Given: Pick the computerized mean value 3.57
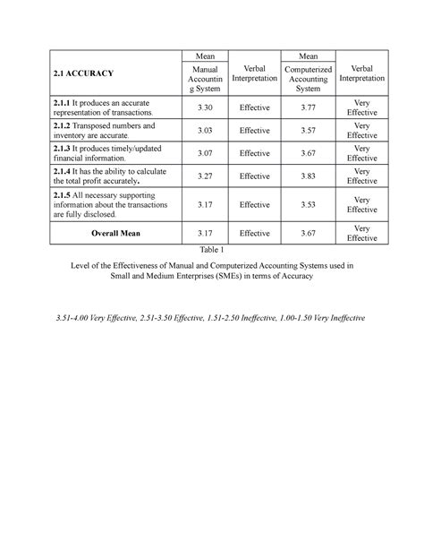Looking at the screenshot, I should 307,130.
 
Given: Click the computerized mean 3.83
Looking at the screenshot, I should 307,176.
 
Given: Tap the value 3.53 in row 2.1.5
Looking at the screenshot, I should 307,204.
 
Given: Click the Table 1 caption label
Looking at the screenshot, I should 212,250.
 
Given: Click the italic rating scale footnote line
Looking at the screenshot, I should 212,319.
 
